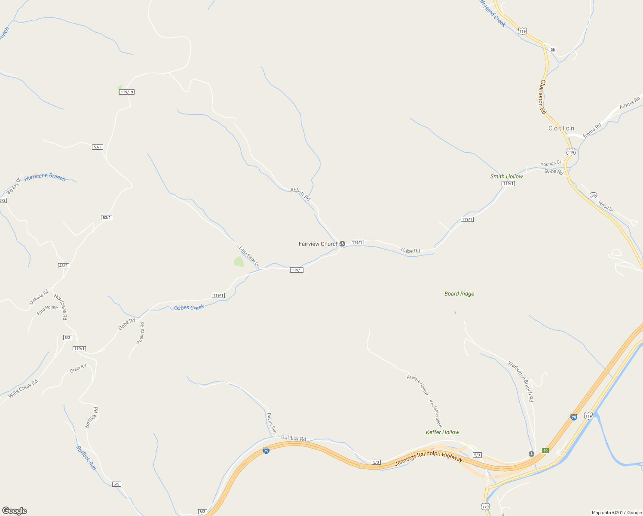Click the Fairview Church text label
pos(318,244)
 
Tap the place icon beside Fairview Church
pos(343,244)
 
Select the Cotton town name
pos(561,128)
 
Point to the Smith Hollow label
pos(506,176)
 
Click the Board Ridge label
pos(459,294)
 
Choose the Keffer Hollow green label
pos(442,432)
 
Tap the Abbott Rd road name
pos(300,194)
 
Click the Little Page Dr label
pos(249,256)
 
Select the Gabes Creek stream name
pos(189,307)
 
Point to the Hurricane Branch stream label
pos(45,177)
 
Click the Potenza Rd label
pos(141,333)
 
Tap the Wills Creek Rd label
pos(23,388)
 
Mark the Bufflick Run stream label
pos(86,458)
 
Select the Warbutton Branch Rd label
pos(521,382)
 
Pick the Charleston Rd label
pos(543,97)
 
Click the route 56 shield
pos(553,49)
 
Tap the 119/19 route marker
pos(127,92)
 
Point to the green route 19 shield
pos(545,451)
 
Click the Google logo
pos(15,511)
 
